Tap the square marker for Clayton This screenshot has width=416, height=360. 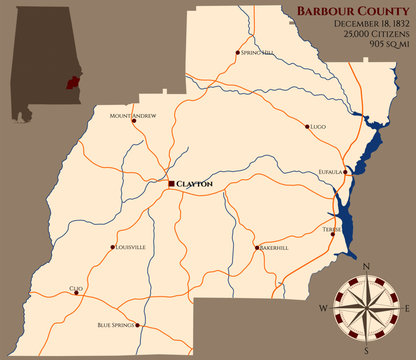(x=172, y=184)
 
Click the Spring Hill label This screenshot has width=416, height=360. (x=257, y=52)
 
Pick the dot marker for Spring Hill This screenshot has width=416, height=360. (x=237, y=52)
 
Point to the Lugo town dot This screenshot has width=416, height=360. (x=307, y=127)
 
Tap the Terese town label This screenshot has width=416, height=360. (x=331, y=230)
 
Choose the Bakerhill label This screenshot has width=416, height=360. (x=274, y=247)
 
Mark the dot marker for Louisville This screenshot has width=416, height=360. (x=112, y=247)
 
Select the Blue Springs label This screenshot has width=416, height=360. (x=116, y=326)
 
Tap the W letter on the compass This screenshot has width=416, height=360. (x=323, y=309)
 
